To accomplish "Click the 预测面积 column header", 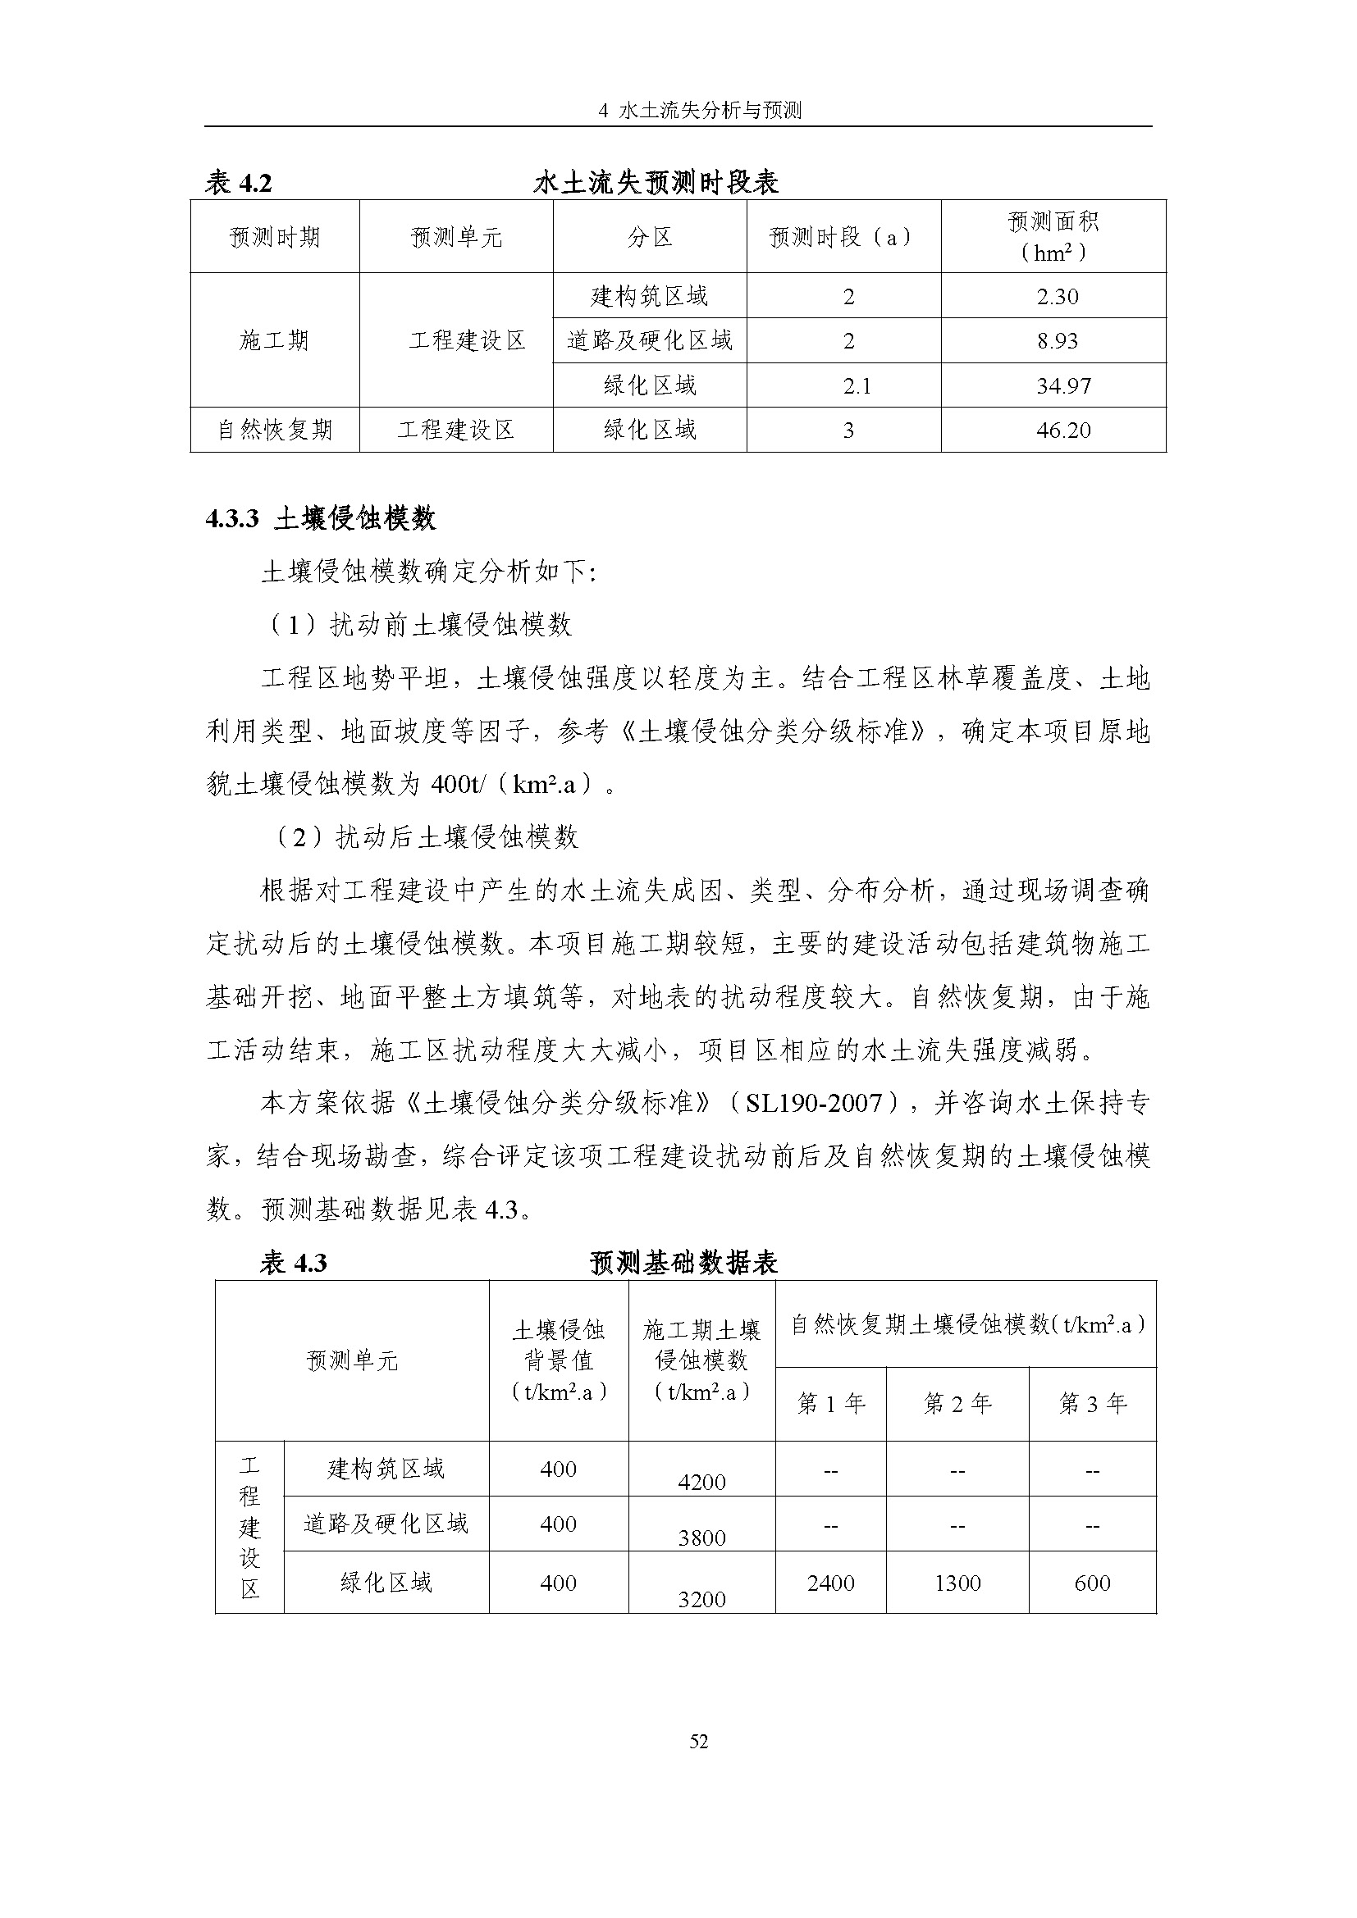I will [x=1053, y=235].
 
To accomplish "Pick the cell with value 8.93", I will [x=1057, y=341].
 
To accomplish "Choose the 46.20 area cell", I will [x=1062, y=431].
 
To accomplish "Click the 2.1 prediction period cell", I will [x=857, y=386].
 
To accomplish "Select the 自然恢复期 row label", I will [x=275, y=431].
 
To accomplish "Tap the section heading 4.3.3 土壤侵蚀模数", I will [x=321, y=519].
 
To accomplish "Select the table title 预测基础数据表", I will [x=683, y=1262].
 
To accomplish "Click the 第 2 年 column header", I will [x=957, y=1403].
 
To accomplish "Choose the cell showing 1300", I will [x=957, y=1583].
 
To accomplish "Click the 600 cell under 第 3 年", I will [x=1092, y=1583].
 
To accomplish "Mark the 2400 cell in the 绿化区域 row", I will [x=830, y=1583].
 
